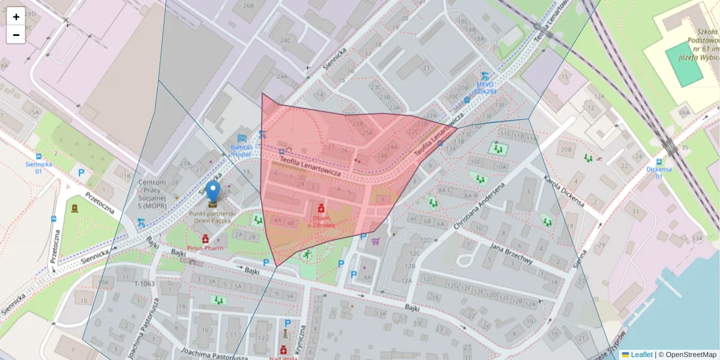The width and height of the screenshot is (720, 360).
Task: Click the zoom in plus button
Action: (16, 17)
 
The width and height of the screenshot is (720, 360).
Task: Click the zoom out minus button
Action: (16, 35)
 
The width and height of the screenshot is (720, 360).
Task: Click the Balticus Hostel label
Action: (241, 150)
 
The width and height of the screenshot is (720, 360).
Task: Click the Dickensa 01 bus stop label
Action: (659, 173)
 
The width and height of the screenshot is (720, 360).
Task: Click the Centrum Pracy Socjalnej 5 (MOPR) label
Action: (151, 194)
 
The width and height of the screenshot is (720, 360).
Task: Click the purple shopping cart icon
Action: (376, 242)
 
